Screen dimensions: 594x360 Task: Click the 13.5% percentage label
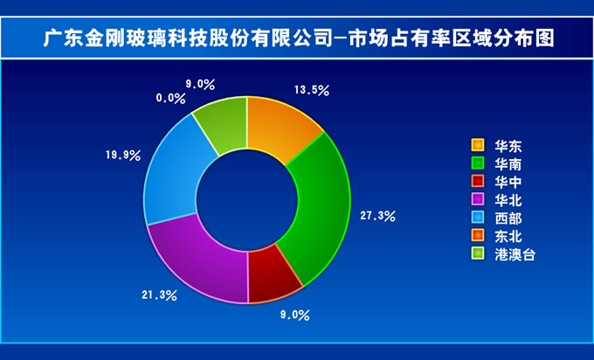312,90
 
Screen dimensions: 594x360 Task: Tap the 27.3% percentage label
377,216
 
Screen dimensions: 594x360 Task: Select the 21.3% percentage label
160,294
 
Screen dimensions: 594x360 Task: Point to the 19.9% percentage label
123,155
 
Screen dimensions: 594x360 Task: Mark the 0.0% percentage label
170,99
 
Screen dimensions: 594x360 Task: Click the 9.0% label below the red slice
294,315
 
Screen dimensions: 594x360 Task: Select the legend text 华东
508,146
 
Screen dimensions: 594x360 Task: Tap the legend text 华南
508,164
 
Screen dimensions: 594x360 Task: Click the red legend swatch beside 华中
478,181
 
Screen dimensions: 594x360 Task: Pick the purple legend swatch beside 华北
478,199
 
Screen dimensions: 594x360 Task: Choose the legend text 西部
508,218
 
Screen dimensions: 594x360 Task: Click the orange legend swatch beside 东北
478,235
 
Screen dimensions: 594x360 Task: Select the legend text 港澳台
515,254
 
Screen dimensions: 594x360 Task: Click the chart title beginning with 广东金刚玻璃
299,38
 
